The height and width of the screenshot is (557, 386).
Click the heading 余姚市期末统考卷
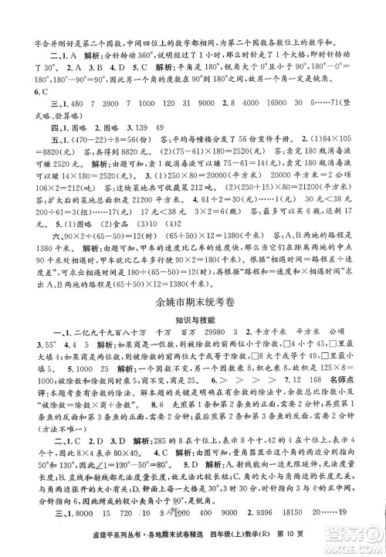[193, 278]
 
